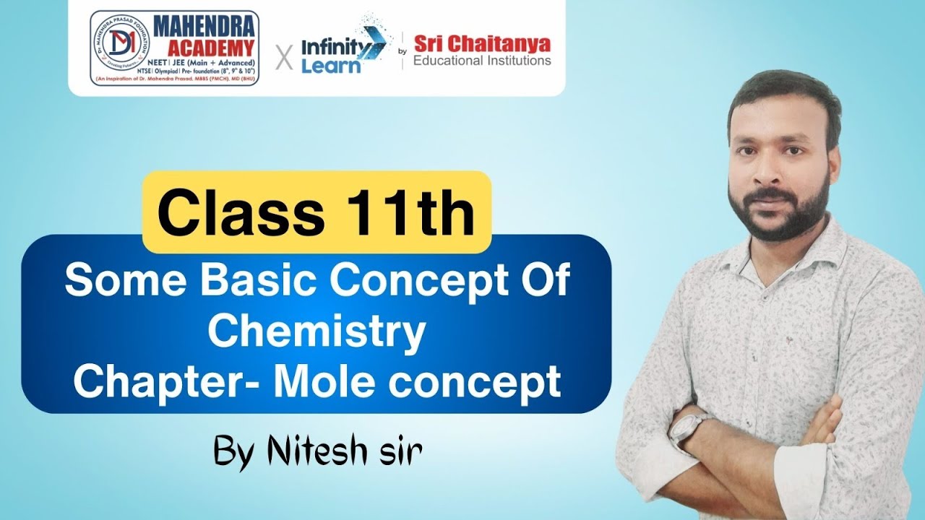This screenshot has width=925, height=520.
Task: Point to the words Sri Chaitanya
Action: (x=482, y=45)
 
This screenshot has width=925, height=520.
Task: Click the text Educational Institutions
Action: (x=482, y=61)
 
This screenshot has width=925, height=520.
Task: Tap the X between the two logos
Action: (x=285, y=57)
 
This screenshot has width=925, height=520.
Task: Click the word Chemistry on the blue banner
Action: (x=320, y=331)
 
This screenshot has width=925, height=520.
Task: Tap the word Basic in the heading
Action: (x=259, y=282)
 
